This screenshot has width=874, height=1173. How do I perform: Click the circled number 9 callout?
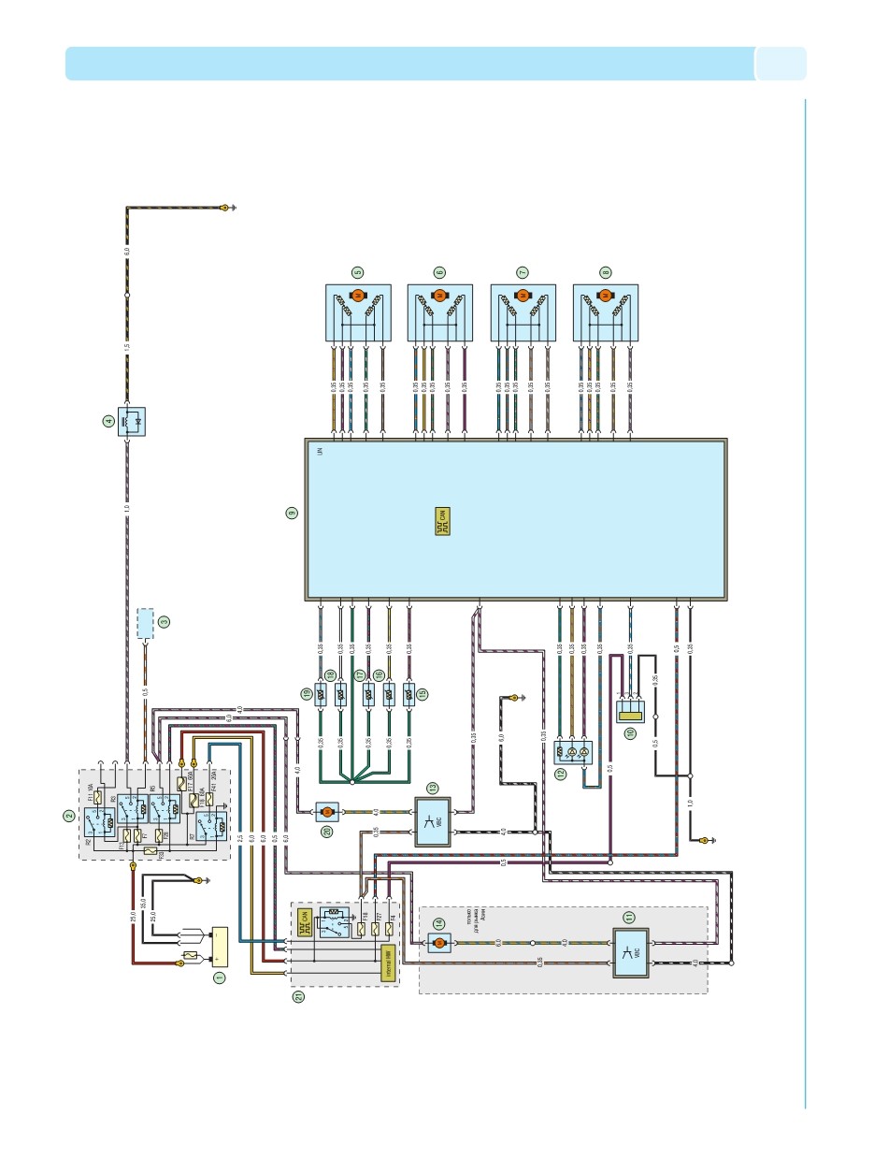[x=293, y=513]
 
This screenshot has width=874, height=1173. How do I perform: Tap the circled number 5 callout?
[x=357, y=272]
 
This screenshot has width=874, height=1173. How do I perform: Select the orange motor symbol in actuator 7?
[x=523, y=296]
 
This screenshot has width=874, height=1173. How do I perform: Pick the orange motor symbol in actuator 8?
[x=605, y=296]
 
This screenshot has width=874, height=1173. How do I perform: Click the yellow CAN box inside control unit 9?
[x=443, y=521]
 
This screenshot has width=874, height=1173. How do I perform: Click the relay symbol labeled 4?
[x=132, y=423]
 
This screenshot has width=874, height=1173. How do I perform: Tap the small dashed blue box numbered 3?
[x=146, y=623]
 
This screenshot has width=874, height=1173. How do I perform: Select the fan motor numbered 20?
[x=327, y=811]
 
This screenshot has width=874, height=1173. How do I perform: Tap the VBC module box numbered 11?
[x=630, y=954]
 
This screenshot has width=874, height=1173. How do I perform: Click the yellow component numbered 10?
[x=629, y=710]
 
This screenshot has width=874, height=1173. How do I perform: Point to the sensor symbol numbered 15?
[x=409, y=694]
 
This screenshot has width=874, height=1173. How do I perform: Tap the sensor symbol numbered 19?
[x=321, y=694]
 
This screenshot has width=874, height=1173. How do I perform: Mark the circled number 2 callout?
[x=69, y=815]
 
